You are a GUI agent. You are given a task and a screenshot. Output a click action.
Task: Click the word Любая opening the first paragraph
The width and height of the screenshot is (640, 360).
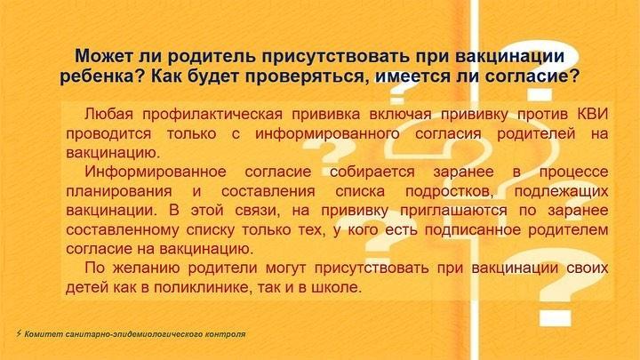pos(109,114)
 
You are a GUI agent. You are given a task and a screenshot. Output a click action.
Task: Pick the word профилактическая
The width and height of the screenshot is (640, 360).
pos(212,115)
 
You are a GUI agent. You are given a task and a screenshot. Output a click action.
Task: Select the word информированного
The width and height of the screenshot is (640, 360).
pos(327,133)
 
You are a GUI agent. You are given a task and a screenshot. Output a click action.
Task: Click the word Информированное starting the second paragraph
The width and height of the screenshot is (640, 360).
pos(155,172)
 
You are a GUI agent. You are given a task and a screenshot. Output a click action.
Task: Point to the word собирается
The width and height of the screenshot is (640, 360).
pos(372,172)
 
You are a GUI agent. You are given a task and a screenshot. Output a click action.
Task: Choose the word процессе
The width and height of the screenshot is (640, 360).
pos(573,172)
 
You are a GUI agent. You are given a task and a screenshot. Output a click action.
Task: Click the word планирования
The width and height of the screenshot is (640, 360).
pos(119,191)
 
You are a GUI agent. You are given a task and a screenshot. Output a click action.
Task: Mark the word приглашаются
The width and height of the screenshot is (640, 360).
pos(453,211)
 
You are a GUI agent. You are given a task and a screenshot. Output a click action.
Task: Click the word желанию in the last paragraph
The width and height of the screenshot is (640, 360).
pos(146,268)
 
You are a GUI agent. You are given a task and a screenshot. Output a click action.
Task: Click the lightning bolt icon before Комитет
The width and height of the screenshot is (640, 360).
pos(19,333)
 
